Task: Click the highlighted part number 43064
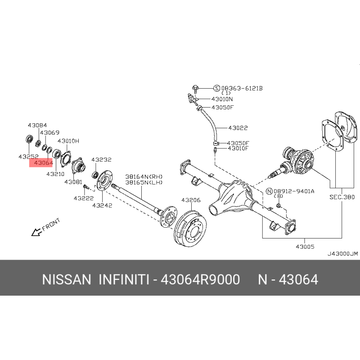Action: (43, 163)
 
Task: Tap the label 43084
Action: (37, 125)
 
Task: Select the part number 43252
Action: (28, 157)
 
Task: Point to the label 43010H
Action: (68, 141)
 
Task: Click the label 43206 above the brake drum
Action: (191, 200)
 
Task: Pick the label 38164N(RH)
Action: (144, 176)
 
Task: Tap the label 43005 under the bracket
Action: (305, 247)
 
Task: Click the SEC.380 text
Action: (342, 197)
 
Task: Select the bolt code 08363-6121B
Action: (242, 88)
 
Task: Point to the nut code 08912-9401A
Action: (294, 191)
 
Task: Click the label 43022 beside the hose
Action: (238, 128)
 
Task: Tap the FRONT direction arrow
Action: (37, 232)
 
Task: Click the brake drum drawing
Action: (190, 229)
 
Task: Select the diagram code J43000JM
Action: (342, 254)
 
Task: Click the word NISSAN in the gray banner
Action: (67, 279)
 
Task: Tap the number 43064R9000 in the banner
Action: (200, 279)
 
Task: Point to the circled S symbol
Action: (217, 88)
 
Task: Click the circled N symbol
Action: (269, 191)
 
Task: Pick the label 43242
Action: (102, 206)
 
